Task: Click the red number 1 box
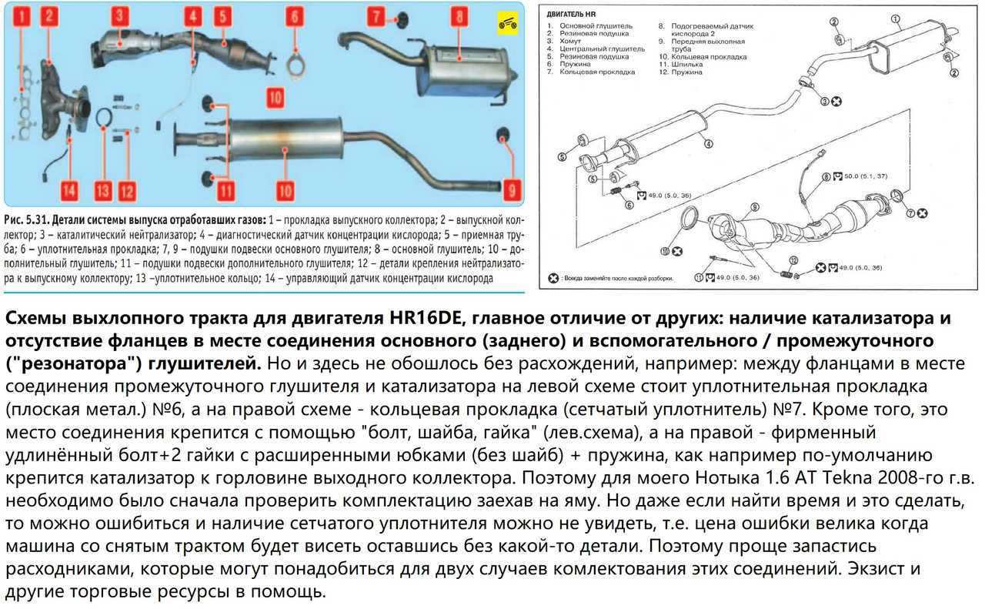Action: (x=25, y=15)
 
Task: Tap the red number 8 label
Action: (x=459, y=15)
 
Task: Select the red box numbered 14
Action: (x=68, y=189)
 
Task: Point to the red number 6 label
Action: (x=294, y=15)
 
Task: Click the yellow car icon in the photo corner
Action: (x=507, y=21)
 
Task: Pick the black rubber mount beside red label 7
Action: (x=400, y=16)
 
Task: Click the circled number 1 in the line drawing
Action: (x=894, y=18)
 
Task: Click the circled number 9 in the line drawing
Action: (x=755, y=207)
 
